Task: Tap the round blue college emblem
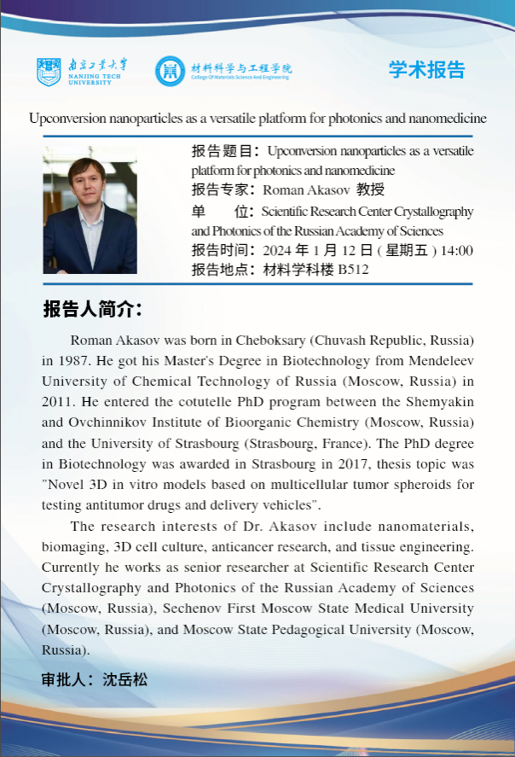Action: tap(170, 71)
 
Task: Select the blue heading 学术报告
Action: tap(427, 70)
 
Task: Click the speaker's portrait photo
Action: tap(90, 210)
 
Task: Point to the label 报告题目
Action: tap(225, 152)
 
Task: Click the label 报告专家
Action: tap(223, 189)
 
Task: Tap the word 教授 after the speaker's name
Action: tap(371, 189)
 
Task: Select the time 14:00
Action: tap(457, 251)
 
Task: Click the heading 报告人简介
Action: tap(93, 308)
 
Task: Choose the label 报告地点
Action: tap(223, 271)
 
